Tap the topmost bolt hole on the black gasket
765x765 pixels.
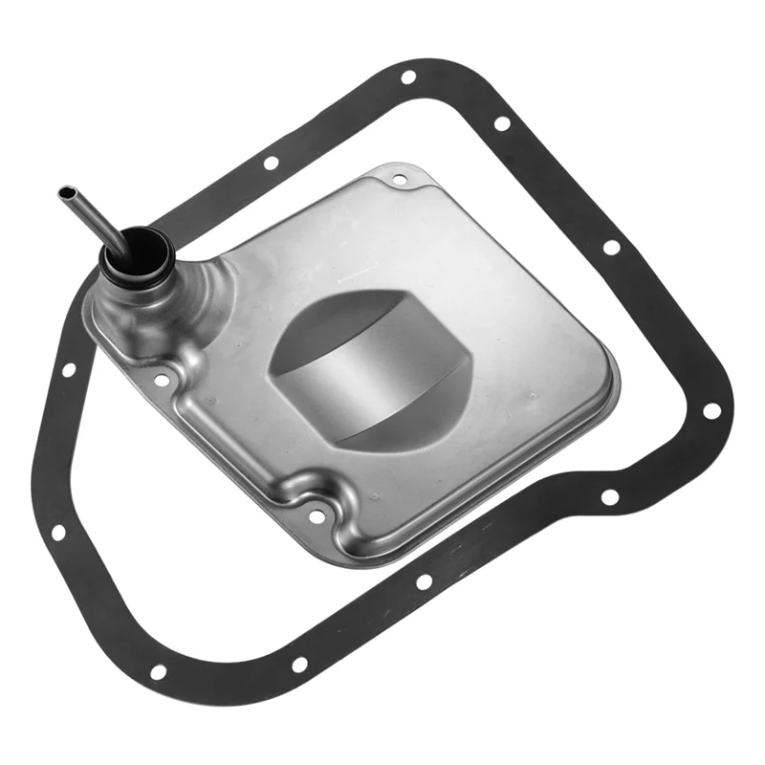(x=408, y=77)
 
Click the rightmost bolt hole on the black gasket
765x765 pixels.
(x=711, y=410)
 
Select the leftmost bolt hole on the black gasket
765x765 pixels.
(x=68, y=368)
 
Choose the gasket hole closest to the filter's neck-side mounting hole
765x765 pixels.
(x=68, y=368)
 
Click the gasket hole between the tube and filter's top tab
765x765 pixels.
(x=271, y=163)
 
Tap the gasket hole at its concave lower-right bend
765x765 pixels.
(x=609, y=497)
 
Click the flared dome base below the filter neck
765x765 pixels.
(x=143, y=306)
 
